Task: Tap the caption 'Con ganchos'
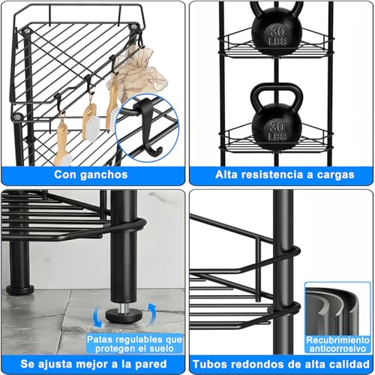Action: [x=90, y=175]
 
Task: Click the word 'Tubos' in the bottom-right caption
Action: [x=212, y=363]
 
